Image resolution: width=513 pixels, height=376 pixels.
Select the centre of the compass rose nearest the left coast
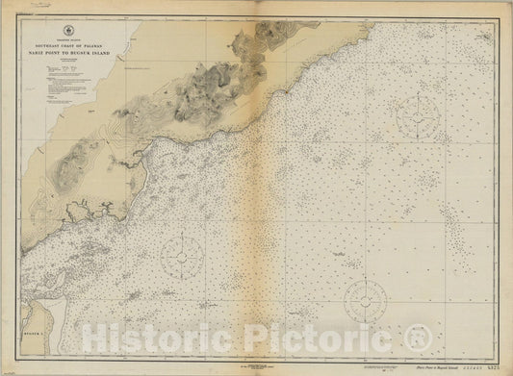pyautogui.click(x=180, y=255)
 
